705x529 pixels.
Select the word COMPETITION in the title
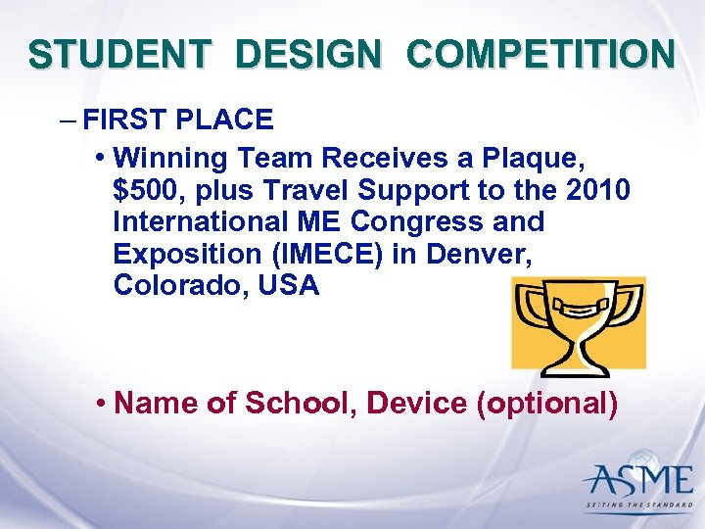click(x=540, y=54)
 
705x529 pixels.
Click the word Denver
click(x=486, y=254)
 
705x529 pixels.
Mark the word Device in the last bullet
click(x=416, y=403)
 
